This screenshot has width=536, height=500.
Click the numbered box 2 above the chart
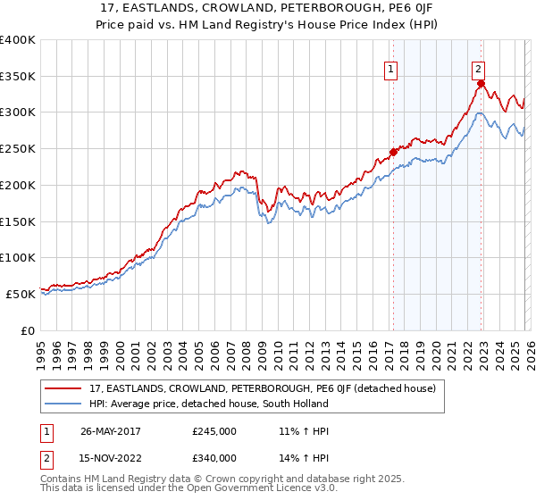pyautogui.click(x=479, y=68)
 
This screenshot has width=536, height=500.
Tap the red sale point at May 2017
pyautogui.click(x=393, y=152)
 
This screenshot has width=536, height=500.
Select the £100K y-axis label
pyautogui.click(x=18, y=257)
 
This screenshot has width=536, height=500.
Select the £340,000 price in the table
pyautogui.click(x=214, y=458)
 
